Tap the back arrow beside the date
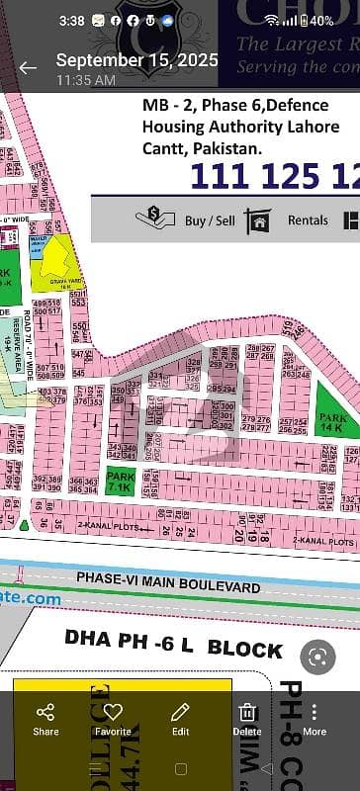[28, 67]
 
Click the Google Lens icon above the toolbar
[316, 656]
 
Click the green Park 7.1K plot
[118, 456]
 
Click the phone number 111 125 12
[273, 175]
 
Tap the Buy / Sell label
[210, 220]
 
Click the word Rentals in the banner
[308, 220]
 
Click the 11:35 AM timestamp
[84, 79]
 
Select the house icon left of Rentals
[259, 220]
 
